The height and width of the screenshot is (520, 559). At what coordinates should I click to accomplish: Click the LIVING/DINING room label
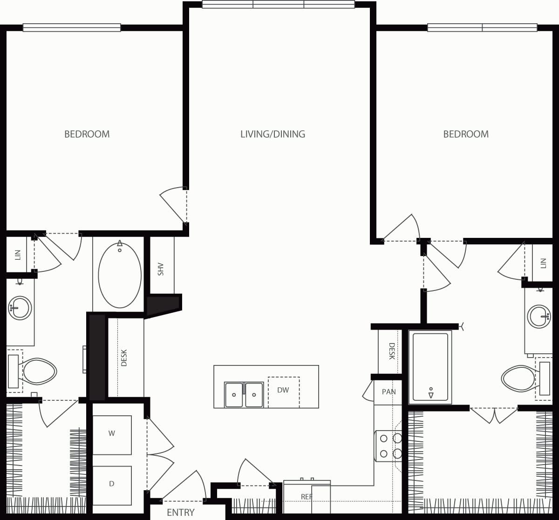click(273, 134)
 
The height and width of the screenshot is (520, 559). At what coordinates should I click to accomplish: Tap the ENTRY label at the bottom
click(180, 512)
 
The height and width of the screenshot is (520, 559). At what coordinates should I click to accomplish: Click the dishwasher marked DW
click(283, 391)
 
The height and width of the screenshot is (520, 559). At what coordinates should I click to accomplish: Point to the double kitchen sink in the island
click(244, 394)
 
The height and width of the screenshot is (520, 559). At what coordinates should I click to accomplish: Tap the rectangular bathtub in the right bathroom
click(430, 367)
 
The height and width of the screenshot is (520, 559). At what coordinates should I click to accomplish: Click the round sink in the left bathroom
click(20, 308)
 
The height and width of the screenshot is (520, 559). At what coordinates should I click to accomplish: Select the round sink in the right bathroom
click(539, 317)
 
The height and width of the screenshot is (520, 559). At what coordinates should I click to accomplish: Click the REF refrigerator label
click(307, 497)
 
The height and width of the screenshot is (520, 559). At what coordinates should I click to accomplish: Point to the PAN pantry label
click(389, 392)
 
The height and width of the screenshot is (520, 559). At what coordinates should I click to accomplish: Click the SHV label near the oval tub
click(161, 269)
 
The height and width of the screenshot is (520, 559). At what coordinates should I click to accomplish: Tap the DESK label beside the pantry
click(391, 351)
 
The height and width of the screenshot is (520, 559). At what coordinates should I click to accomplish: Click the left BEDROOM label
click(87, 134)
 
